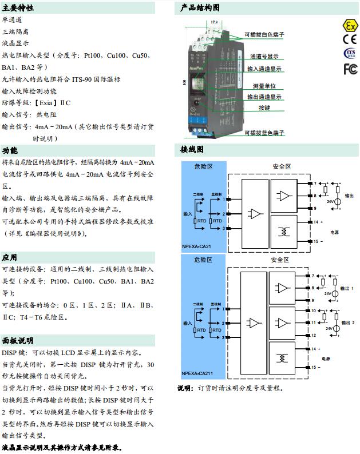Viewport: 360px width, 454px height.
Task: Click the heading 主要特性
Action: point(18,8)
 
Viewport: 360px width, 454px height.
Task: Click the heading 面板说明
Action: point(18,341)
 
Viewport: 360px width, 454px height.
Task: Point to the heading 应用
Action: point(10,257)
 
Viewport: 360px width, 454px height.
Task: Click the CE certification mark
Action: point(349,39)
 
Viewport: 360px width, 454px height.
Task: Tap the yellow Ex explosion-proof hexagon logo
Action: point(349,25)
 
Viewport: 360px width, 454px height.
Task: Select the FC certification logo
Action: point(350,69)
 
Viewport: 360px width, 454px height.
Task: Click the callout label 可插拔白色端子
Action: point(264,35)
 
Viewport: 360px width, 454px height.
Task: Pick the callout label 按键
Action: point(264,107)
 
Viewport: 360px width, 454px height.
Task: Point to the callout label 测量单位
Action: point(264,86)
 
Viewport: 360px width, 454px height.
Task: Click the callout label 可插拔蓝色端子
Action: point(264,133)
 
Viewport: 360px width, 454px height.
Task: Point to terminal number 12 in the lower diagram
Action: point(314,334)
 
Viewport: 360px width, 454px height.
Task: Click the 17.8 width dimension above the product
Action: point(214,22)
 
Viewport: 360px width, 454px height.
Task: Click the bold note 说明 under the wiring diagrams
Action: point(185,388)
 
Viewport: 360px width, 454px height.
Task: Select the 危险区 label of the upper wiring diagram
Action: point(203,166)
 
